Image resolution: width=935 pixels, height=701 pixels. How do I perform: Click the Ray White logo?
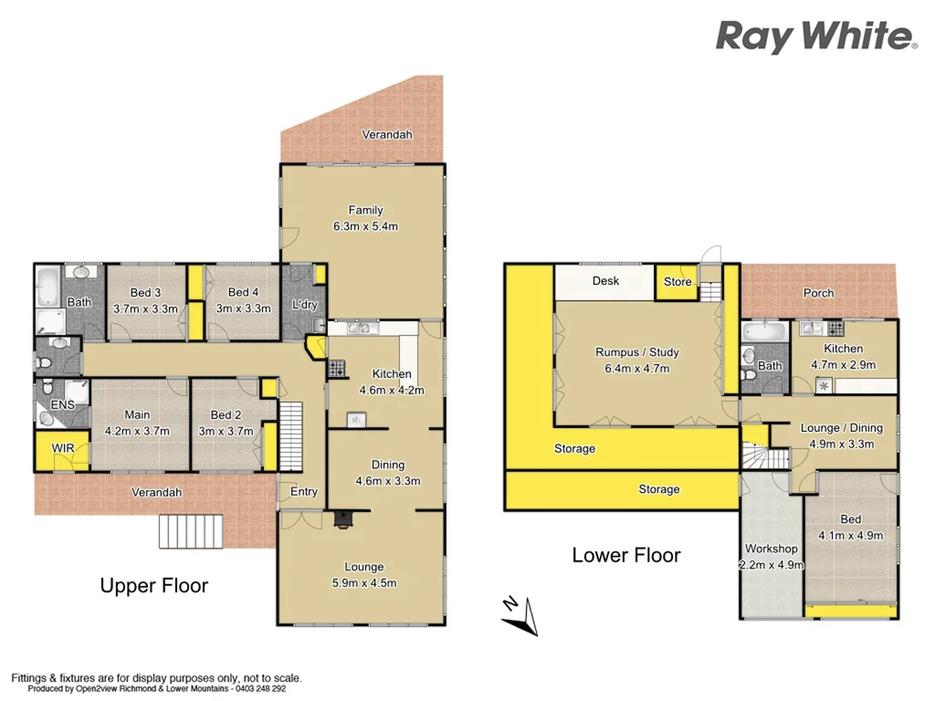click(816, 37)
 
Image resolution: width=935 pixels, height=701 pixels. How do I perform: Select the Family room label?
click(365, 210)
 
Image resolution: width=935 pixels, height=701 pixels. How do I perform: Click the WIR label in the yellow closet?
click(63, 448)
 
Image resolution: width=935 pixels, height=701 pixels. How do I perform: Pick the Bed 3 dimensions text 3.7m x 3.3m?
click(145, 309)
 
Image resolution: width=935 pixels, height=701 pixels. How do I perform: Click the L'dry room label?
click(303, 304)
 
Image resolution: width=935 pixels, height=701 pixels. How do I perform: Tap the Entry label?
click(303, 492)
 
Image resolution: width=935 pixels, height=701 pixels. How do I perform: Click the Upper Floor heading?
click(153, 586)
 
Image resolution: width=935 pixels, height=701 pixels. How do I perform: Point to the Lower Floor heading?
click(625, 555)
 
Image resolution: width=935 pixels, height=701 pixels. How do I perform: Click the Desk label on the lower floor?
click(605, 281)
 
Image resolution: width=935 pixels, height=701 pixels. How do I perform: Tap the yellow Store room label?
click(678, 282)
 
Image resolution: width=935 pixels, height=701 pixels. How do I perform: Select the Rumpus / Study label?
click(637, 352)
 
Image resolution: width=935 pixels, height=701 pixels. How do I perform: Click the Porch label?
click(818, 293)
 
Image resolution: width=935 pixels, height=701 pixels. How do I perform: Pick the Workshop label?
click(772, 549)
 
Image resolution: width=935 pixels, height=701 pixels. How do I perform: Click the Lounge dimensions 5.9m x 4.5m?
click(364, 582)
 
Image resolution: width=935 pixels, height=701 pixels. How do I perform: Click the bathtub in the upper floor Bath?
click(48, 288)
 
